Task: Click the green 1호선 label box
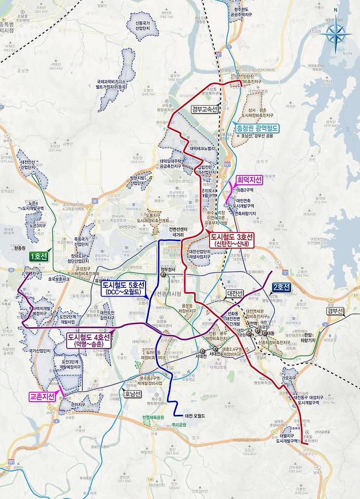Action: pyautogui.click(x=39, y=256)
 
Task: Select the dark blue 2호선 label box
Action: pyautogui.click(x=282, y=286)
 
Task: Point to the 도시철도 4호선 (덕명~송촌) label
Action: pyautogui.click(x=88, y=340)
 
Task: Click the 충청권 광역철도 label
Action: pyautogui.click(x=257, y=128)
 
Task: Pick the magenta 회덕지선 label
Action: pyautogui.click(x=249, y=179)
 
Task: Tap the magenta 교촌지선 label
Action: pyautogui.click(x=43, y=397)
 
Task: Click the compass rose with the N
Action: pyautogui.click(x=335, y=33)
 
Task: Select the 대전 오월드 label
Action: pyautogui.click(x=195, y=416)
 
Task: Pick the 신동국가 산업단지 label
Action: pyautogui.click(x=138, y=26)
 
